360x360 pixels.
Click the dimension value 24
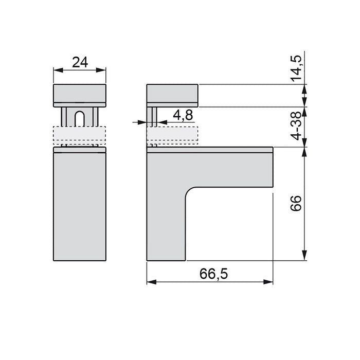(x=80, y=62)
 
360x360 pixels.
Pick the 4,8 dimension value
(x=183, y=115)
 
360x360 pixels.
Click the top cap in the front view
(x=80, y=95)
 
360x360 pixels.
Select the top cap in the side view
(x=172, y=95)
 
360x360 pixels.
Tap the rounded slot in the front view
(x=80, y=118)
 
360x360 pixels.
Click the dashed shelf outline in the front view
(x=80, y=135)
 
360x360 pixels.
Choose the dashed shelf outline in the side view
(x=172, y=135)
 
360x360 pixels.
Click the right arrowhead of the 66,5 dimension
(x=269, y=282)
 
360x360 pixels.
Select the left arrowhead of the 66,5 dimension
(x=150, y=282)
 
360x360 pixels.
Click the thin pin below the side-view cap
(x=153, y=116)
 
